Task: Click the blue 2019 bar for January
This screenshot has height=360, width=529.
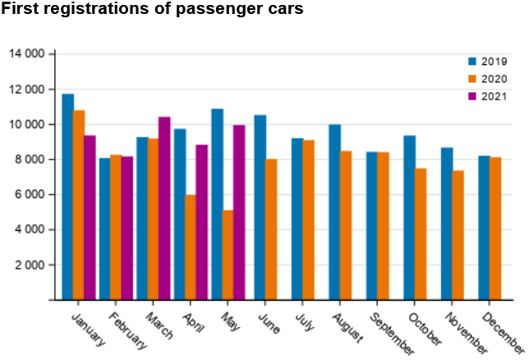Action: (x=67, y=197)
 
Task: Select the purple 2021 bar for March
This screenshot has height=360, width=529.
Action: (x=164, y=209)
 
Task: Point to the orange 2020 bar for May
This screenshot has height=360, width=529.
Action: (x=228, y=255)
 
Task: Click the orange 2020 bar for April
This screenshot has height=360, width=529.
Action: (x=191, y=247)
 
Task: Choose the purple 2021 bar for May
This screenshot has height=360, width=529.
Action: (x=239, y=213)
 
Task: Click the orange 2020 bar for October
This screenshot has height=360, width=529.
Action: (x=421, y=234)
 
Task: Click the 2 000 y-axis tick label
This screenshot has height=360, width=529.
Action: (x=35, y=265)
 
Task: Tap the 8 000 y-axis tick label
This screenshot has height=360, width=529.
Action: (x=35, y=159)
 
